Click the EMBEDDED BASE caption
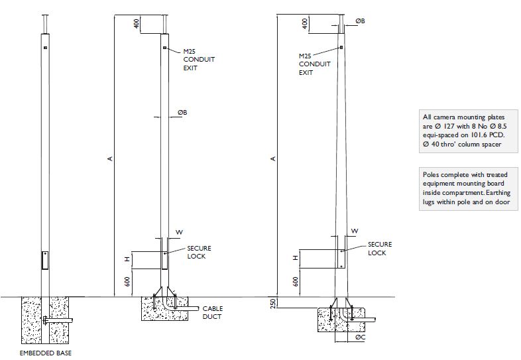tap(45, 353)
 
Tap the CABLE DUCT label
tap(213, 312)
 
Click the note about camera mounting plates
tap(466, 130)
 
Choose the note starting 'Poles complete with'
tap(466, 188)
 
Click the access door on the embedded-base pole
tap(45, 261)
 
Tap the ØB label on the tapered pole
tap(360, 21)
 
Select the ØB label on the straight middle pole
tap(182, 113)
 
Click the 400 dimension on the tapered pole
tap(304, 23)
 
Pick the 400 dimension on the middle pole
tap(136, 23)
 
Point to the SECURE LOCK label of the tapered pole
tap(380, 249)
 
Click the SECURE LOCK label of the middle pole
tap(200, 252)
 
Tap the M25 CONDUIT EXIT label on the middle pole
tap(199, 59)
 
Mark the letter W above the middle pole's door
tap(178, 232)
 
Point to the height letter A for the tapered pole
tap(273, 158)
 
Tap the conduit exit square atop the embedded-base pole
tap(45, 48)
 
